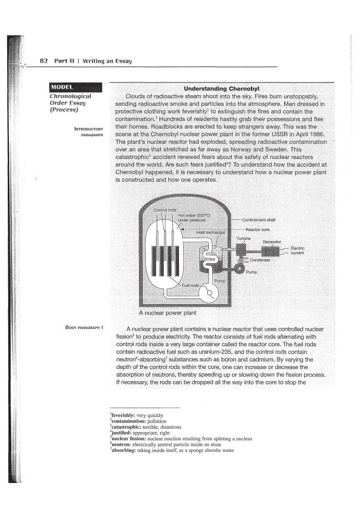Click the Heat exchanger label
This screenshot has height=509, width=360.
point(211,233)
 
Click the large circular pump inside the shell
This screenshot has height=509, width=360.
point(209,292)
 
